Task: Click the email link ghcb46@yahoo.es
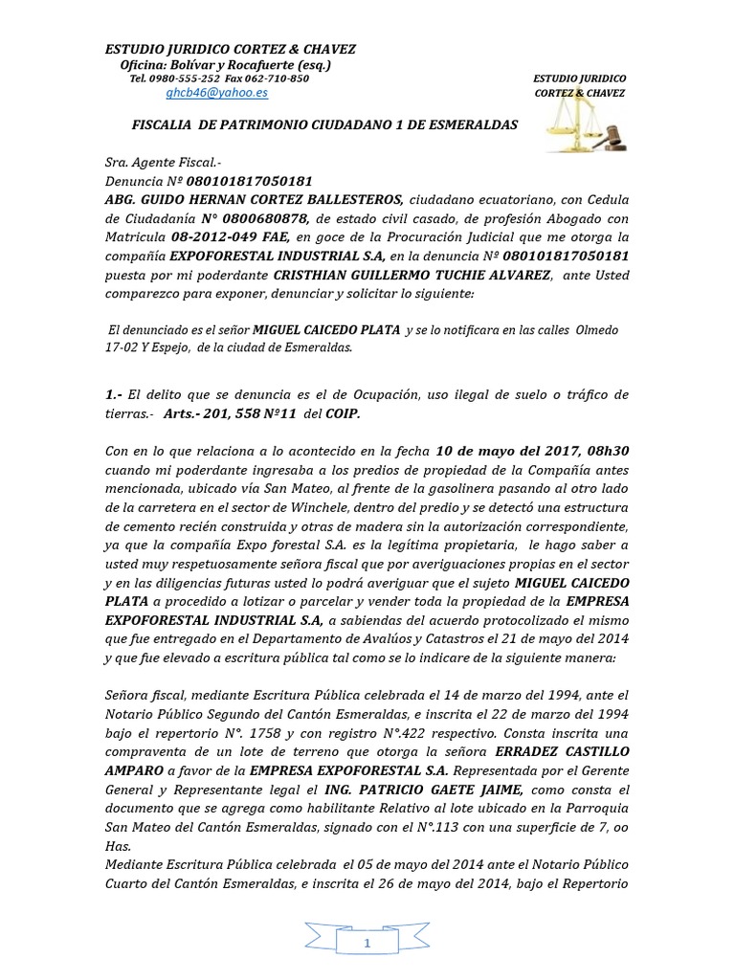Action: [216, 93]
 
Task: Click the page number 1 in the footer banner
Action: [367, 944]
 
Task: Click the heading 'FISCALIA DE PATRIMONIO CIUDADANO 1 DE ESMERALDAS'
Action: [323, 125]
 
